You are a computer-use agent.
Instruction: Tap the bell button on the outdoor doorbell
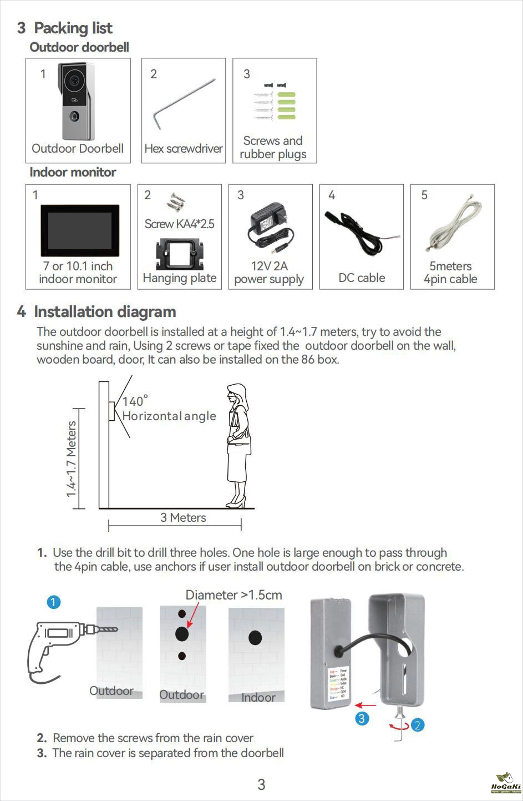click(74, 117)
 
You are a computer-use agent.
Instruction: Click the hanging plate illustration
click(179, 255)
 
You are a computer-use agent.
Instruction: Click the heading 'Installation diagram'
click(105, 312)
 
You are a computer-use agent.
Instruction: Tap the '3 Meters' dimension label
click(183, 518)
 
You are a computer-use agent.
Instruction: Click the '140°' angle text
click(135, 401)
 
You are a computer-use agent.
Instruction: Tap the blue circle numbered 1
click(54, 602)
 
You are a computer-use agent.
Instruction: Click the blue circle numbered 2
click(418, 724)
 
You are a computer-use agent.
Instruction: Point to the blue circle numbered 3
click(362, 718)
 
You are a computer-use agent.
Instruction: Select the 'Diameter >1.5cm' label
click(233, 595)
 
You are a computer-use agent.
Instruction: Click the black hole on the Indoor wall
click(255, 638)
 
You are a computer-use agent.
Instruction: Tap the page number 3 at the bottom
click(261, 784)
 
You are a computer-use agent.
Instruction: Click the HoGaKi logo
click(506, 783)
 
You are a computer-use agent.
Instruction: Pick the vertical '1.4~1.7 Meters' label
click(71, 459)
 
